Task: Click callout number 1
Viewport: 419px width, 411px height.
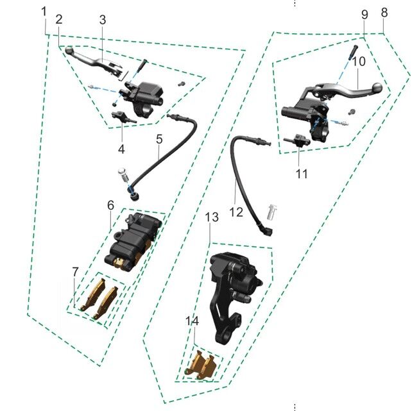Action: [44, 12]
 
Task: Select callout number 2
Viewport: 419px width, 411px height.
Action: [58, 19]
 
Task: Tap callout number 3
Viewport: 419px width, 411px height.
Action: [102, 19]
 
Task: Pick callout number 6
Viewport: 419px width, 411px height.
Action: [110, 205]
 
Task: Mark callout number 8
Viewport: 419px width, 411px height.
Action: [384, 12]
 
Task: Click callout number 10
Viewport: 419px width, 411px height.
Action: [358, 62]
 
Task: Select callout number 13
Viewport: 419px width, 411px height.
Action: [212, 219]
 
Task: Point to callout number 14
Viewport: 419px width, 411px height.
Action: [192, 321]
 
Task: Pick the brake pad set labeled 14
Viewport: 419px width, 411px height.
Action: [203, 367]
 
